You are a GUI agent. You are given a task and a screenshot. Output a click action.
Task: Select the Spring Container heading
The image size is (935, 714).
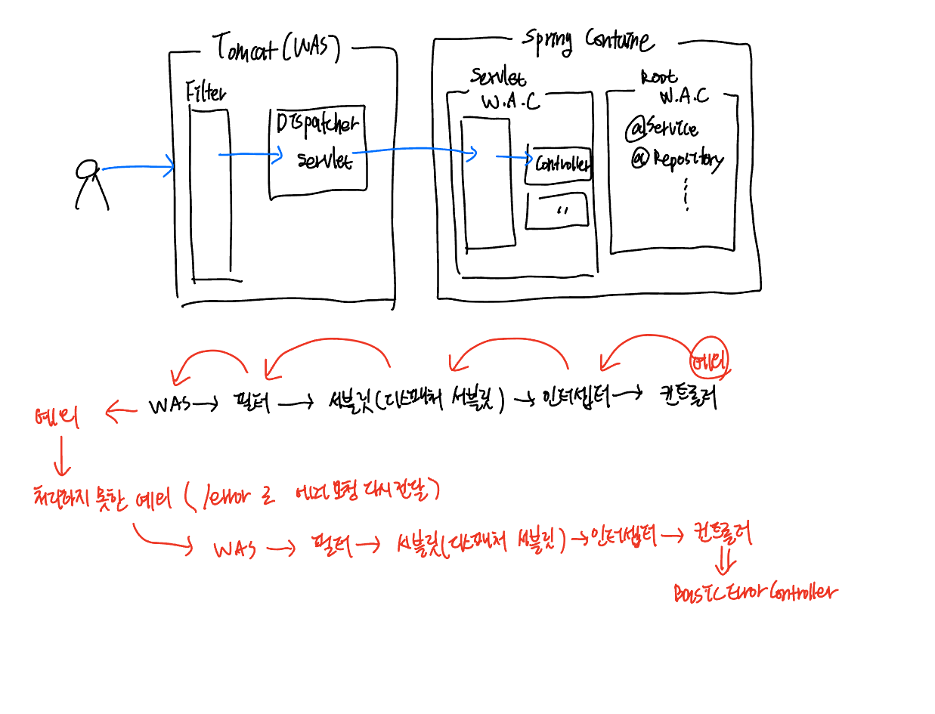(588, 40)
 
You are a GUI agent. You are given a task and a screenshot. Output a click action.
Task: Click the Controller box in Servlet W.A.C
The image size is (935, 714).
(559, 164)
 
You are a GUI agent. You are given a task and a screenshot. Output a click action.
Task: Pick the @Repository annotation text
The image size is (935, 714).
(677, 159)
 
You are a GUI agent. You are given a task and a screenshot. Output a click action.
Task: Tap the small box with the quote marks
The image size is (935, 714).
(558, 211)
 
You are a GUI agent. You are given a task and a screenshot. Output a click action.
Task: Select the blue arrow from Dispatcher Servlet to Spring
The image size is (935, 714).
(416, 152)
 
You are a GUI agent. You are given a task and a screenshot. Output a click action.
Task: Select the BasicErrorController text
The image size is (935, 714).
(755, 592)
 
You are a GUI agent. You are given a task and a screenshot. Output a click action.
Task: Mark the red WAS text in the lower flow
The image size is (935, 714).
(234, 549)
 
